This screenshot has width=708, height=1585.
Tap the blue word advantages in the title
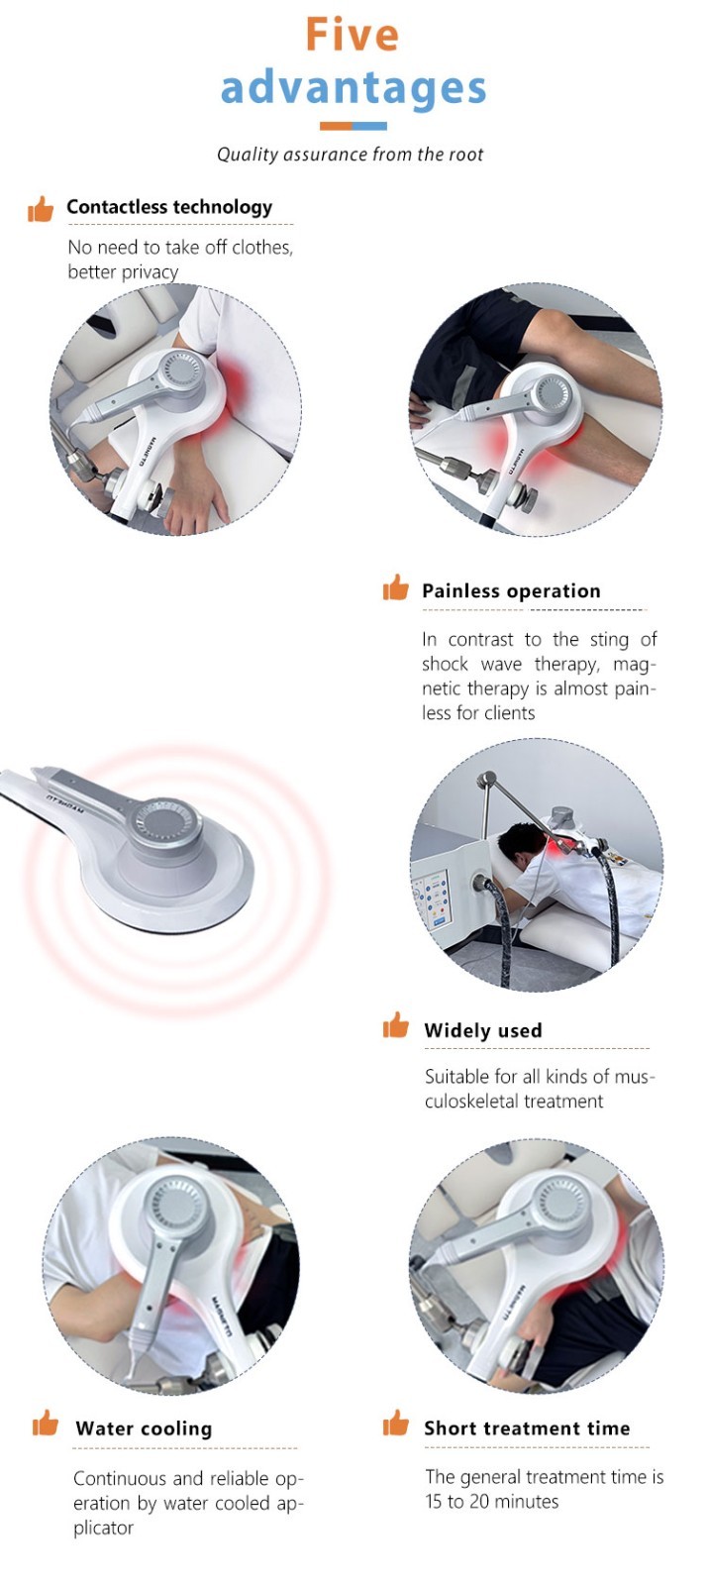click(x=354, y=88)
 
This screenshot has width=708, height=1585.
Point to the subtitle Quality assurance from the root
click(x=351, y=155)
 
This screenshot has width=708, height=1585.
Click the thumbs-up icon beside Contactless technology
click(x=41, y=209)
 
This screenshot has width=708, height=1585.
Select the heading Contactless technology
click(x=169, y=207)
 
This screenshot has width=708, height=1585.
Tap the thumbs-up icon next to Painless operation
click(x=395, y=587)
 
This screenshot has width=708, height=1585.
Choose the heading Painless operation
click(x=511, y=590)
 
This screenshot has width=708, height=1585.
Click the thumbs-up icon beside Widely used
click(x=395, y=1024)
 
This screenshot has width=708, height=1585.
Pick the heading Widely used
click(x=483, y=1030)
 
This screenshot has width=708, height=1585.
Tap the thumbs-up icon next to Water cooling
click(x=46, y=1423)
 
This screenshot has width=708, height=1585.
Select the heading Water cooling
click(x=144, y=1428)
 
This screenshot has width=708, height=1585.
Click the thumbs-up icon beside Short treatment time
click(x=395, y=1423)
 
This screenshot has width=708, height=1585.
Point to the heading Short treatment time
click(x=527, y=1427)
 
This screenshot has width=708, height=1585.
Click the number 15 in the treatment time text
click(x=434, y=1502)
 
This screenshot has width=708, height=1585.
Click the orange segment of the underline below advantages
click(x=336, y=127)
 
